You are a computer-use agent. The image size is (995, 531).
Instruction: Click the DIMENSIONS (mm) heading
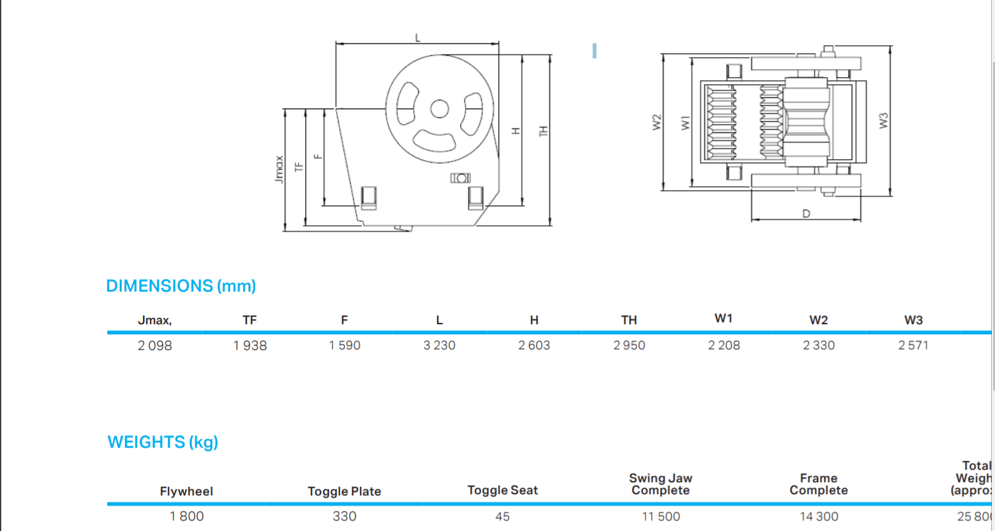point(181,286)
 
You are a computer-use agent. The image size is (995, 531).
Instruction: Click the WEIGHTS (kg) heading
point(162,442)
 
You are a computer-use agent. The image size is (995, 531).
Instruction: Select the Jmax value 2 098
point(155,345)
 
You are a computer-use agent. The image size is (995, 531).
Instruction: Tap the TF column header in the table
point(250,320)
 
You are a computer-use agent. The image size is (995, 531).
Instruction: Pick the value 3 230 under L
point(439,345)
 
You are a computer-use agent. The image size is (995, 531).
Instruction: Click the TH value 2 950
point(629,345)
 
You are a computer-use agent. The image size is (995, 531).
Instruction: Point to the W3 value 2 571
point(913,345)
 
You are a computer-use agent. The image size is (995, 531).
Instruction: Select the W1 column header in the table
point(724,318)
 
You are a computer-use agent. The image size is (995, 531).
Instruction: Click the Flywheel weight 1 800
point(186,517)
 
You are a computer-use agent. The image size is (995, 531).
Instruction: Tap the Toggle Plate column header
point(344,492)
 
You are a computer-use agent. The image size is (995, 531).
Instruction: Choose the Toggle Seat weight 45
point(502,517)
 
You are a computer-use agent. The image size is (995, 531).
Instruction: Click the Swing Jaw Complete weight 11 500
point(661,517)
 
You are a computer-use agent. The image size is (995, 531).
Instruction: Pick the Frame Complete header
point(818,484)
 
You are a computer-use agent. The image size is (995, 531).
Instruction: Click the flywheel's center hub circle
point(440,109)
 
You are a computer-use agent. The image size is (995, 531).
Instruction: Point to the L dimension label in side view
point(418,38)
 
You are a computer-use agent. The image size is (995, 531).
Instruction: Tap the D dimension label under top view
point(806,214)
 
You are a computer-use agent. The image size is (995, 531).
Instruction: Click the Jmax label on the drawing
point(279,169)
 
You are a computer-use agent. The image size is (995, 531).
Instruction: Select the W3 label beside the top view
point(883,120)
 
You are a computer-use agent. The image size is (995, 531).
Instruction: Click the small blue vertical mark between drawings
point(594,51)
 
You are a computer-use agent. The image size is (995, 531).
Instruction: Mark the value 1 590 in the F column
point(344,345)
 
